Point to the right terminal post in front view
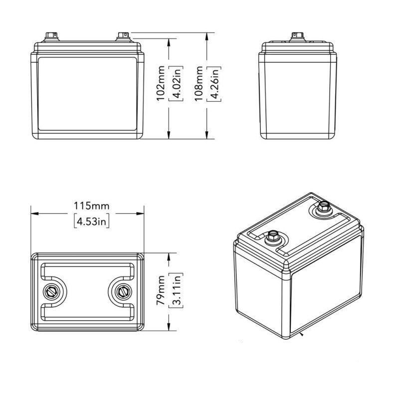[122, 36]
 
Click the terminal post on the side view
[297, 36]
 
